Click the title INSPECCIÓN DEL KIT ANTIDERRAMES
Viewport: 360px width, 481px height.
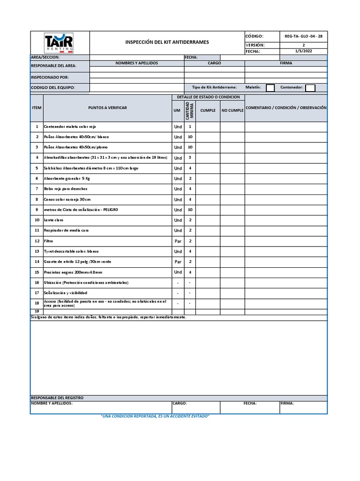tap(167, 42)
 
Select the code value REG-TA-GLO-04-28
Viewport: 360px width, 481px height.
tap(303, 36)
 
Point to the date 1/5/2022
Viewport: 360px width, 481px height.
tap(303, 51)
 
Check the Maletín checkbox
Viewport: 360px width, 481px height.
tap(270, 87)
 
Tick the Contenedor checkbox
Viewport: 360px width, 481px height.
tap(310, 87)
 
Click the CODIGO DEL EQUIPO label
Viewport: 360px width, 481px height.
tap(52, 87)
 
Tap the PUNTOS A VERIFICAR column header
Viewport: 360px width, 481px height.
tap(107, 108)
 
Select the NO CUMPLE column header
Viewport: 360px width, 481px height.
tap(232, 110)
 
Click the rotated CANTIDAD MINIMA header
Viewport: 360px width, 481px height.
tap(190, 110)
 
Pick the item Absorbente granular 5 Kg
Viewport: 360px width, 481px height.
tap(67, 178)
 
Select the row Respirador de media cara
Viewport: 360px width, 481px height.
tap(66, 230)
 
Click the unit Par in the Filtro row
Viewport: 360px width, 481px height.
tap(178, 241)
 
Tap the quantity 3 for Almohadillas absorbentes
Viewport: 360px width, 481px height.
tap(190, 157)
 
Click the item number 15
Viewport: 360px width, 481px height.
tap(37, 272)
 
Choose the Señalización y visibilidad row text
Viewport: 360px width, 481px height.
tap(65, 293)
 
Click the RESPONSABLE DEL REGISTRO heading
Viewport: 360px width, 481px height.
tap(57, 398)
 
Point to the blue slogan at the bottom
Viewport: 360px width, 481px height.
tap(155, 417)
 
